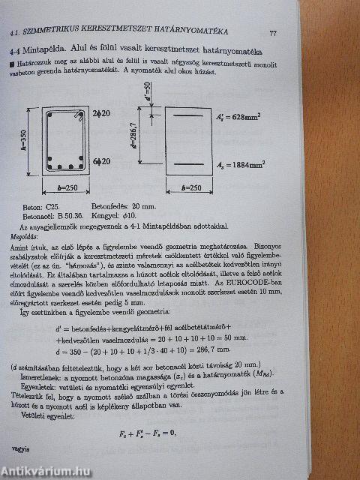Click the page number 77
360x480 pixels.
coord(274,31)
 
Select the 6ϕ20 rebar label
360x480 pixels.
coord(103,160)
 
